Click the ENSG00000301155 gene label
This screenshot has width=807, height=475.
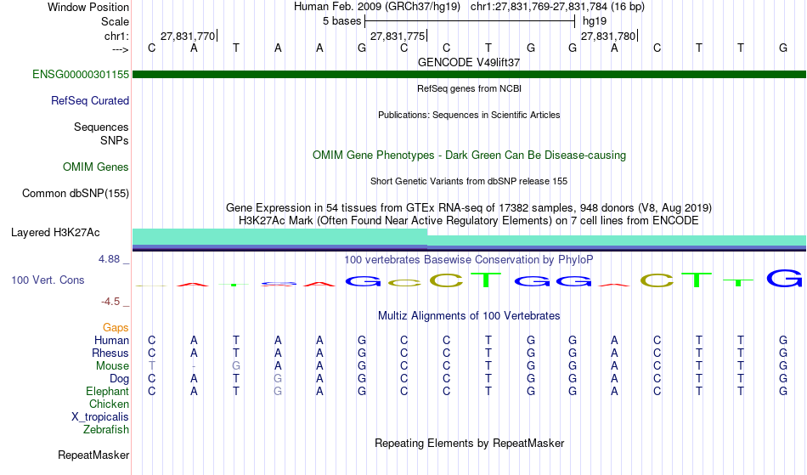(81, 75)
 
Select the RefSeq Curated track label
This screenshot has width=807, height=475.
(89, 101)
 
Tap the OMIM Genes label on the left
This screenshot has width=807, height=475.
(96, 167)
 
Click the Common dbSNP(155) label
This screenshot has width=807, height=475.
(75, 194)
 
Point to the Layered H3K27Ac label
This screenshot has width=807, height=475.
(55, 233)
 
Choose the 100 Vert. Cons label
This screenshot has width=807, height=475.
(48, 280)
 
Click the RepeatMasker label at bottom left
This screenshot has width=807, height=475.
(93, 455)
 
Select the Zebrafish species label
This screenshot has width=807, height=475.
(106, 430)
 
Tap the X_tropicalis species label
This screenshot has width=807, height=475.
(100, 417)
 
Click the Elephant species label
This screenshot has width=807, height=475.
(107, 392)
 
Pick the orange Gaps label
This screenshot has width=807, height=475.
(116, 328)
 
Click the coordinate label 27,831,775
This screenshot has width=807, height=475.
(398, 37)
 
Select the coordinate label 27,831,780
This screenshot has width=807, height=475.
(608, 37)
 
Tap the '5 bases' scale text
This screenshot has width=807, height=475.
(341, 21)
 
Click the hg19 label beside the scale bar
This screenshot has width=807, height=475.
(595, 21)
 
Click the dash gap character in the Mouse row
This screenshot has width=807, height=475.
(194, 366)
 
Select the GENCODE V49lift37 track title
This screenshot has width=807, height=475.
(469, 62)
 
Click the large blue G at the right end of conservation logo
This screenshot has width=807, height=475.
(784, 279)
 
